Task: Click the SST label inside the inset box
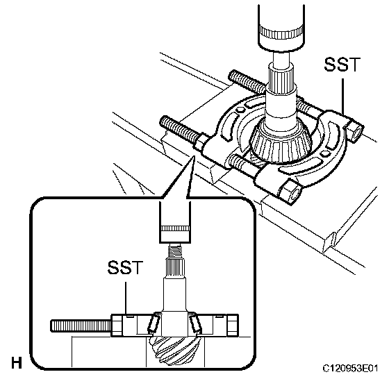[126, 267]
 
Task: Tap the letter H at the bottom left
[17, 362]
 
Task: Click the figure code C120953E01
[350, 368]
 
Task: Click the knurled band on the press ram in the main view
[281, 31]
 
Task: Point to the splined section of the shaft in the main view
[281, 77]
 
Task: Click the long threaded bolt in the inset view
[81, 326]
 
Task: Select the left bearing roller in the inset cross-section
[153, 322]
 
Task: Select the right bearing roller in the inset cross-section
[194, 323]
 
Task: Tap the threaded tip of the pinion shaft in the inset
[175, 251]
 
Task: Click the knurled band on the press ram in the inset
[174, 228]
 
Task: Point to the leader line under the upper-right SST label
[343, 97]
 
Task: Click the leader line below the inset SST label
[126, 298]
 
